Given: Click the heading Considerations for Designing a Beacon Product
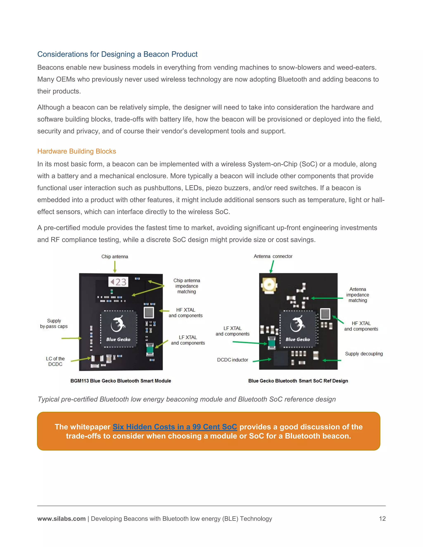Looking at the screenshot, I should [x=117, y=54].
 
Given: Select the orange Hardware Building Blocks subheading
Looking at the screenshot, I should [x=76, y=151].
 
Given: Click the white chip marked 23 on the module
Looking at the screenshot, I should [x=119, y=282].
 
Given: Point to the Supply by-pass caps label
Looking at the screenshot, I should [x=54, y=324].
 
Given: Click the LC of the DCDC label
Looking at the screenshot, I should [x=55, y=361].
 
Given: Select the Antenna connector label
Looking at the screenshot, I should [x=273, y=256].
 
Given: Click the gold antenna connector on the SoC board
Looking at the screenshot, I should [x=269, y=285].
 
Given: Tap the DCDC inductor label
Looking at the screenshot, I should [x=232, y=360].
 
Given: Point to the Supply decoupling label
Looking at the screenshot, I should [x=364, y=354].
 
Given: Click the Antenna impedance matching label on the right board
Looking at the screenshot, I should [x=358, y=295].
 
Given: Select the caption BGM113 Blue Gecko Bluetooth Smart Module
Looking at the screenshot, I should [x=121, y=381].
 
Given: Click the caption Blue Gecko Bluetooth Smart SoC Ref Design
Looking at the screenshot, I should [x=298, y=381].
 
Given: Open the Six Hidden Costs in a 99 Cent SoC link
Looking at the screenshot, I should [x=175, y=427].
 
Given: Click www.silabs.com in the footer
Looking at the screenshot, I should [x=61, y=519].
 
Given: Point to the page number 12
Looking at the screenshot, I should [x=382, y=519].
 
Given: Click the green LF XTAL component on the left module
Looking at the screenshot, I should [x=150, y=349].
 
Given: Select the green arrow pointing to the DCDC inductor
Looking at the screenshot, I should [x=262, y=360].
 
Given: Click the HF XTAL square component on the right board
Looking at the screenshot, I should [x=325, y=314].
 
